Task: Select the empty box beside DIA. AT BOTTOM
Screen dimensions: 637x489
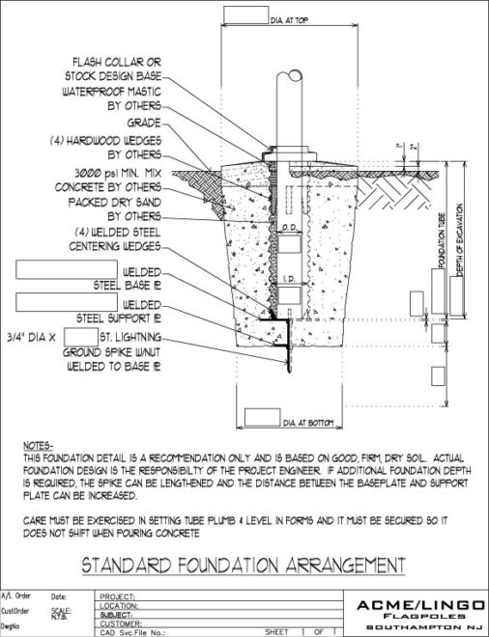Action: coord(262,418)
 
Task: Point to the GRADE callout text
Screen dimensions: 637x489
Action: coord(144,123)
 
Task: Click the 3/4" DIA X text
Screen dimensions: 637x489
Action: coord(43,337)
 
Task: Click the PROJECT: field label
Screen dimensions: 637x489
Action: coord(117,596)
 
